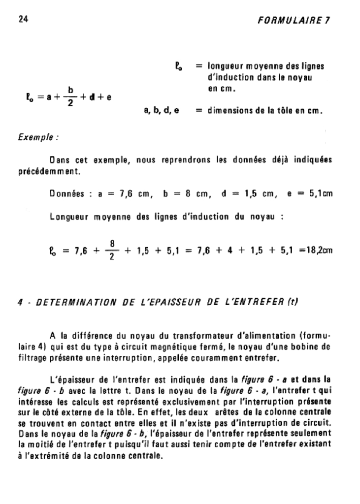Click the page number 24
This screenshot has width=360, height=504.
coord(22,19)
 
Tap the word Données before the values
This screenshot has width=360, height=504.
coord(65,194)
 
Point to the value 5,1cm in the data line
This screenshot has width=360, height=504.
coord(320,194)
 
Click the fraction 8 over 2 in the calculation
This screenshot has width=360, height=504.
coord(112,251)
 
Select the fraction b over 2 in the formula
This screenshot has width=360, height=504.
coord(70,96)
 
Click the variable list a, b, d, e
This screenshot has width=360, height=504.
coord(161,111)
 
